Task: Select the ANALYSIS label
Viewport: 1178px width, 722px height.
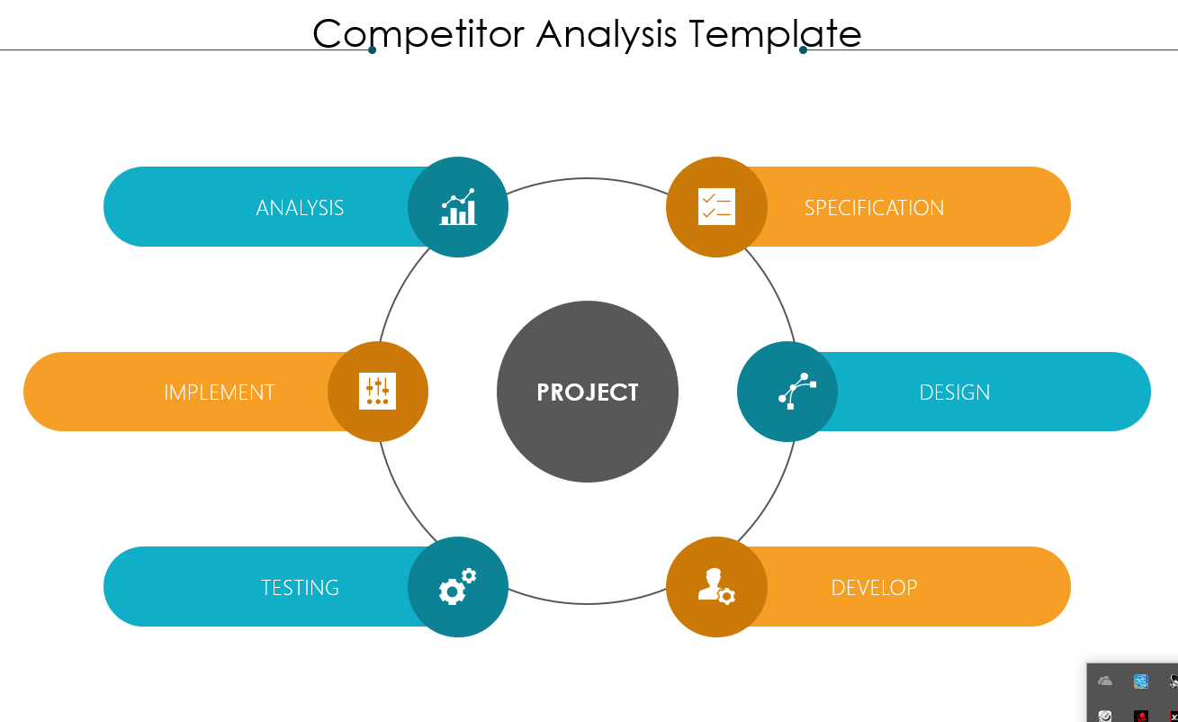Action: coord(300,208)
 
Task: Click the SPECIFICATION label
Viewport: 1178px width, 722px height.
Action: coord(874,208)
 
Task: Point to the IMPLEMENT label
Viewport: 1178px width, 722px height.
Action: coord(220,393)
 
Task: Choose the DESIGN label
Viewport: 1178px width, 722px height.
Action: coord(955,393)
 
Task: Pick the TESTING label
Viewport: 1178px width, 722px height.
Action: coord(300,588)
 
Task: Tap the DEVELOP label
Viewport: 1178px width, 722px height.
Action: coord(874,588)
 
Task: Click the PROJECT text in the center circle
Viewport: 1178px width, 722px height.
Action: coord(588,392)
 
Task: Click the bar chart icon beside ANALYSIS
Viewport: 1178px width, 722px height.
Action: coord(458,207)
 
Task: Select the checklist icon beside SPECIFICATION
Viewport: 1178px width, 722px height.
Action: coord(716,207)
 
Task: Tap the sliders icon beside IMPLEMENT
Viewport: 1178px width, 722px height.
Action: coord(378,391)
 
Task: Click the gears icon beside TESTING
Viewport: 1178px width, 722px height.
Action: coord(458,586)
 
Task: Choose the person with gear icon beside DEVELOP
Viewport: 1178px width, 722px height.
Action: coord(716,586)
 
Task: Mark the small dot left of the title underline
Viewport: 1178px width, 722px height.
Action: coord(373,50)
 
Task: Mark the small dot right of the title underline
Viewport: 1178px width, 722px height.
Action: coord(803,50)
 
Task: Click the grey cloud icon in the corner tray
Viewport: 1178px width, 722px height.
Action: coord(1105,681)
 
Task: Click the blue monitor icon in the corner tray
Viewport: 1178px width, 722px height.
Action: coord(1141,681)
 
